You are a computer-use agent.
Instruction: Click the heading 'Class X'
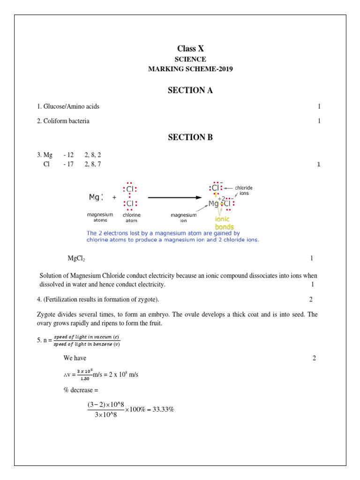(190, 49)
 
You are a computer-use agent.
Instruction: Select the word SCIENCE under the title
(190, 60)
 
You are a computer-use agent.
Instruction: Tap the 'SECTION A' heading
(190, 90)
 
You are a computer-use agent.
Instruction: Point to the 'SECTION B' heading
(190, 137)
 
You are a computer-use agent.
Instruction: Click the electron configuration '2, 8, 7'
(92, 164)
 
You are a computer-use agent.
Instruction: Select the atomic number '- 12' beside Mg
(68, 155)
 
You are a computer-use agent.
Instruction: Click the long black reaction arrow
(178, 197)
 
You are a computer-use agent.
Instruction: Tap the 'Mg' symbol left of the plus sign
(94, 197)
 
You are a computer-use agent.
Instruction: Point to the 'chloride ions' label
(244, 190)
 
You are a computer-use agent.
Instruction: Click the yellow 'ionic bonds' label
(224, 223)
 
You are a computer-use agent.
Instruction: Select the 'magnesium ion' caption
(183, 217)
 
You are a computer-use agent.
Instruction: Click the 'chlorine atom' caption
(132, 217)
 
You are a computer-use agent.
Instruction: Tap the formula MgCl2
(76, 259)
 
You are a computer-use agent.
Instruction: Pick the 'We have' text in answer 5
(75, 358)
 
